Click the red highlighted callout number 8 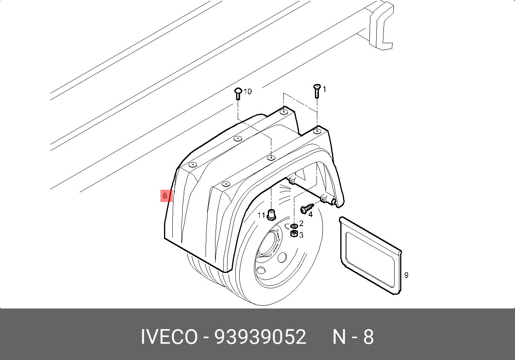166,196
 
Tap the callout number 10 247,91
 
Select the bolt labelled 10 238,93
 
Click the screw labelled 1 317,91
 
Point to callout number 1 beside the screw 324,89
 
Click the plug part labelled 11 271,215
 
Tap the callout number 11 261,215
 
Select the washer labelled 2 294,226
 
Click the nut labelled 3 294,234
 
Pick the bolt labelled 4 307,208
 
